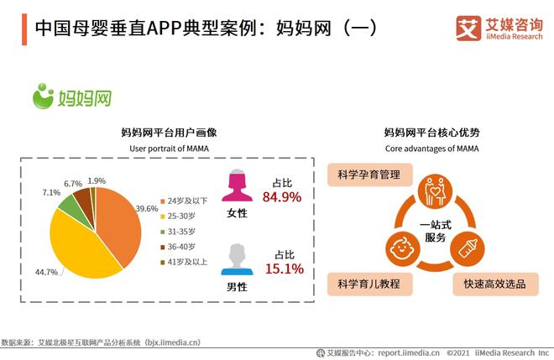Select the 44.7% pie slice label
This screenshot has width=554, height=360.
(46, 272)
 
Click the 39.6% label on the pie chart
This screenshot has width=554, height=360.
(146, 208)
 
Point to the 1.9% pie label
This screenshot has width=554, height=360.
(97, 180)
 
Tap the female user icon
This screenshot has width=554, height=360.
(238, 186)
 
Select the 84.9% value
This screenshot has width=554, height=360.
(283, 198)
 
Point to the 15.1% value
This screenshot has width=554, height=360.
(283, 269)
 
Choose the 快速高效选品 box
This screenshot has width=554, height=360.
(489, 284)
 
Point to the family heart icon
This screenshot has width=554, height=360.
(433, 190)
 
